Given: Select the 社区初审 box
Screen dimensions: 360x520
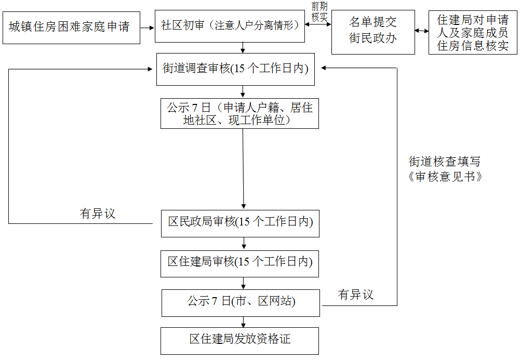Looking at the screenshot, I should click(230, 25).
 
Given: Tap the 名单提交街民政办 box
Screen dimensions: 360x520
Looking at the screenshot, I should click(373, 32).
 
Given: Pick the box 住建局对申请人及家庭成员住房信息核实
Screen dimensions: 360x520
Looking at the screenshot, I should click(473, 33).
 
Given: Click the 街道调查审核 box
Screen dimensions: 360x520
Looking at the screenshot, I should click(235, 69).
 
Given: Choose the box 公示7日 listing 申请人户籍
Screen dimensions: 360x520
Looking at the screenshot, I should click(239, 114).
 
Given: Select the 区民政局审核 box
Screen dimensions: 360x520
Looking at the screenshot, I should click(239, 223).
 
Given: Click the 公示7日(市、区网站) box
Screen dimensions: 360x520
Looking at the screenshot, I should click(241, 302).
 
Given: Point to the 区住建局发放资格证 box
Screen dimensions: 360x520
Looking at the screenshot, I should click(239, 340).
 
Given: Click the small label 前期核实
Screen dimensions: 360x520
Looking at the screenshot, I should click(319, 11).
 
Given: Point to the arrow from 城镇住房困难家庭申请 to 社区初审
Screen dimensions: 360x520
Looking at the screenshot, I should click(148, 27).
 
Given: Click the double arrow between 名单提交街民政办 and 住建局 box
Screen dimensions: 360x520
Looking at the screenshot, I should click(422, 31).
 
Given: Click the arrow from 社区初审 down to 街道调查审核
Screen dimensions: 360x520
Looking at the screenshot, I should click(243, 48).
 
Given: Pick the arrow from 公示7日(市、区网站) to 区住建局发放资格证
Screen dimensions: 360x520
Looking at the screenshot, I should click(243, 322).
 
